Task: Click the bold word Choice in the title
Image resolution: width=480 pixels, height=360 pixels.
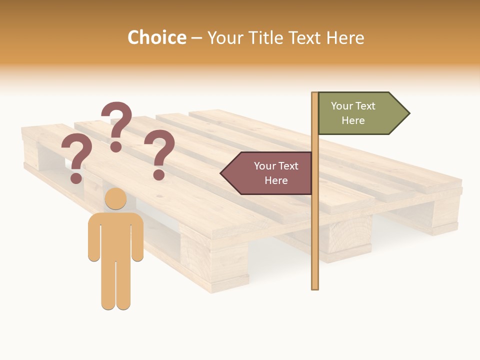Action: tap(156, 37)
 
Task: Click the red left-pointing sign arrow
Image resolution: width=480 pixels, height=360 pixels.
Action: tap(267, 173)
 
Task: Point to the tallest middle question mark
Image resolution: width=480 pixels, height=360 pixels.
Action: tap(116, 125)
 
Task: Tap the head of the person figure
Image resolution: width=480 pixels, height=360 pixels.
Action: tap(115, 198)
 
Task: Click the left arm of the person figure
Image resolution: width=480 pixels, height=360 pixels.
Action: tap(94, 237)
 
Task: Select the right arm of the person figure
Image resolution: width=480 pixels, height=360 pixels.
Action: tap(137, 237)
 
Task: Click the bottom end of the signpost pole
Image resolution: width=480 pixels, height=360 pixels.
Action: tap(315, 286)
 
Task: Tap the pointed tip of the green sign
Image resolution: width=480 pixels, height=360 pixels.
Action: tap(408, 113)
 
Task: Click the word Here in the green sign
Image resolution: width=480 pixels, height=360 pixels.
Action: tap(353, 120)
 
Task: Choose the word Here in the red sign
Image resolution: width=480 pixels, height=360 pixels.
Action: tap(276, 180)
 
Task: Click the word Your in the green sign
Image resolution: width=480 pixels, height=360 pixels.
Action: tap(342, 106)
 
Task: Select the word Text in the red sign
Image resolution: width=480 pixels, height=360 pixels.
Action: tap(287, 166)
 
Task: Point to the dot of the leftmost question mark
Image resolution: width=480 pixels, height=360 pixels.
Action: tap(76, 177)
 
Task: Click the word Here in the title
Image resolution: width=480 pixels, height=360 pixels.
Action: tap(345, 37)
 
